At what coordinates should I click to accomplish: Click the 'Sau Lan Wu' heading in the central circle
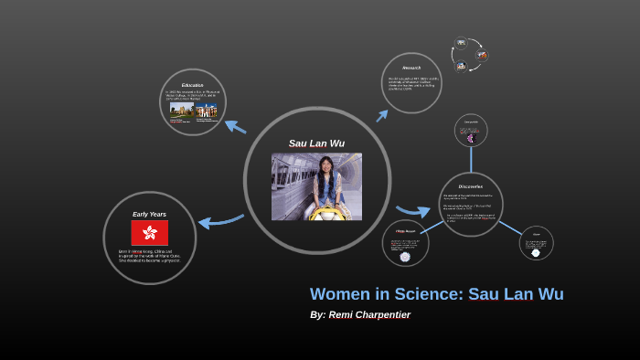315,143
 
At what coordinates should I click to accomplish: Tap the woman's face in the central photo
326,168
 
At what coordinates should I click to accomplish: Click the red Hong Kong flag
149,233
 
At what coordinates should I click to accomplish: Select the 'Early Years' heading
149,214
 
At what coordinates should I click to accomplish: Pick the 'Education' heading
192,85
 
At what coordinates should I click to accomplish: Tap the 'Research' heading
411,68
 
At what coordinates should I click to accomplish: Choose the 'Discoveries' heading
471,186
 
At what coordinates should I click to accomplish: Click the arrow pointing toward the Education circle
235,126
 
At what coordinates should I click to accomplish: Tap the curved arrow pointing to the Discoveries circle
413,210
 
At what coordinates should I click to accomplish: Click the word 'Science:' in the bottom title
430,294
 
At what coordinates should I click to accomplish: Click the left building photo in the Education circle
181,111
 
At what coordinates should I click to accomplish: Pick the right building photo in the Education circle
206,111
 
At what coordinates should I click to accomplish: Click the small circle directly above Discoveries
471,131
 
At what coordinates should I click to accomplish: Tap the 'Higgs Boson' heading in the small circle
405,232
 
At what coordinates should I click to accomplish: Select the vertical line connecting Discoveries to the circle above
471,160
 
